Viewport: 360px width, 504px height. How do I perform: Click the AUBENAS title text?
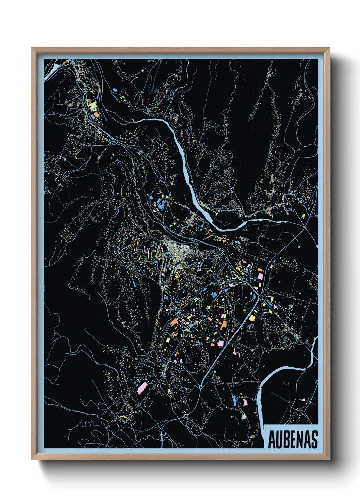(293, 440)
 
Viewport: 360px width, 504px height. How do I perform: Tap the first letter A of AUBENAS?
(272, 440)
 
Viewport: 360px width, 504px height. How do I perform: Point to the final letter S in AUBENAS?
(314, 440)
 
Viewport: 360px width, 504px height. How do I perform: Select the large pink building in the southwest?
(142, 388)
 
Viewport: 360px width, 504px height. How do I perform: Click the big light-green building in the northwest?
(92, 105)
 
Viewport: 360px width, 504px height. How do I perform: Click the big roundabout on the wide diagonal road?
(261, 298)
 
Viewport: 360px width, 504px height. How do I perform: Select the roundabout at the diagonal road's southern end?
(201, 387)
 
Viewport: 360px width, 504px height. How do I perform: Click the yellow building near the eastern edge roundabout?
(303, 216)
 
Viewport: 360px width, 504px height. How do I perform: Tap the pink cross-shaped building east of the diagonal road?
(236, 352)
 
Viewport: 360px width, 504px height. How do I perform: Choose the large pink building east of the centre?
(260, 276)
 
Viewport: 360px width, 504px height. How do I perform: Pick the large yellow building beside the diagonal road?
(252, 318)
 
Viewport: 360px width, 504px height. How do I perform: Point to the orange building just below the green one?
(96, 114)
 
